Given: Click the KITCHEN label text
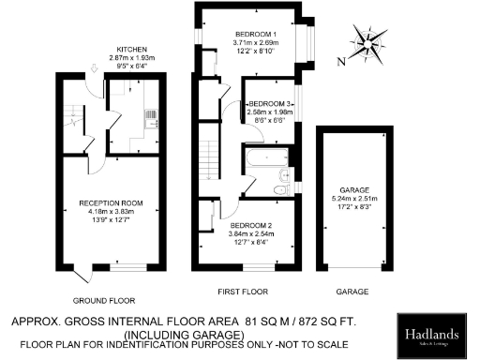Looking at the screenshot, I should pyautogui.click(x=130, y=49).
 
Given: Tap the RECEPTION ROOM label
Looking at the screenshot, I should pyautogui.click(x=111, y=202).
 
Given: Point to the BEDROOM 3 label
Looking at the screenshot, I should pyautogui.click(x=271, y=102).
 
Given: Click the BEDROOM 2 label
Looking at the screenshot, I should pyautogui.click(x=249, y=226).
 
